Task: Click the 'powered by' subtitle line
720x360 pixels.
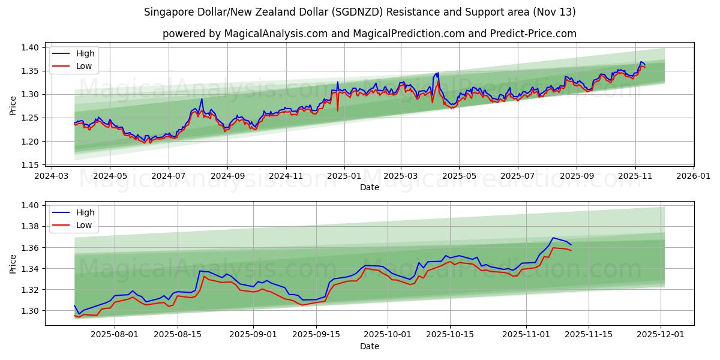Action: click(369, 34)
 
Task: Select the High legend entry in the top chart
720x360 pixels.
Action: click(85, 53)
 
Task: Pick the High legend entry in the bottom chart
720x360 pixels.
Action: click(85, 212)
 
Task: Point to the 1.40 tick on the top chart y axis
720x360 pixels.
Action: click(30, 47)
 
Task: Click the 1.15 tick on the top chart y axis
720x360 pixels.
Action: click(30, 165)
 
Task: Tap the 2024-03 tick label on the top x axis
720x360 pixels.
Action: click(51, 176)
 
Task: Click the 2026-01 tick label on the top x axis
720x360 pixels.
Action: click(694, 176)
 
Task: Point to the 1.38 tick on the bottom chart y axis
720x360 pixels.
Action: click(30, 226)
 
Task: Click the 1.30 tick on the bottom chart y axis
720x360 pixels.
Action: click(30, 311)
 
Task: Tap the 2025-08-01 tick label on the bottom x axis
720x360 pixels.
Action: click(115, 335)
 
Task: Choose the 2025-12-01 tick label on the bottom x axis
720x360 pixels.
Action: click(661, 335)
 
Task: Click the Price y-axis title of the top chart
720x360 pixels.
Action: click(13, 106)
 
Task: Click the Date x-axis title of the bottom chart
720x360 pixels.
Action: click(369, 347)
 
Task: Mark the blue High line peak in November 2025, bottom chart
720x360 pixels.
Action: click(553, 238)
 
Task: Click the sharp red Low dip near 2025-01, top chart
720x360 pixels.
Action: click(337, 110)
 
